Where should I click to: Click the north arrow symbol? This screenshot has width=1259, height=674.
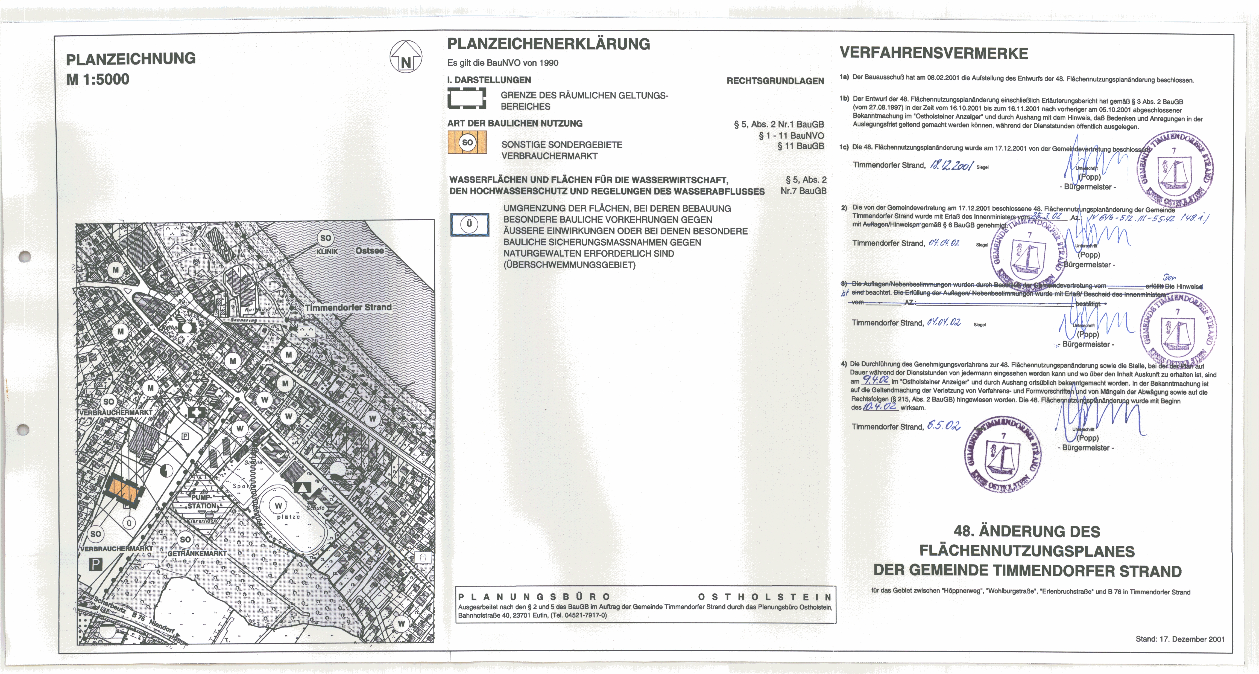[406, 57]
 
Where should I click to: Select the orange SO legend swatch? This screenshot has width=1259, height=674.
[467, 142]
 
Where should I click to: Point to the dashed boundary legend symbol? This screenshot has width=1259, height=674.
[467, 98]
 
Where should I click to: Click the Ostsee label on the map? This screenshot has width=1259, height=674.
[370, 251]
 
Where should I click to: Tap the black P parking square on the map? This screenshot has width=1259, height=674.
[96, 564]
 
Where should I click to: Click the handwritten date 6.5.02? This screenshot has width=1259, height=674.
[943, 426]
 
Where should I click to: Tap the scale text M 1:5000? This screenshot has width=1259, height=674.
[98, 79]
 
